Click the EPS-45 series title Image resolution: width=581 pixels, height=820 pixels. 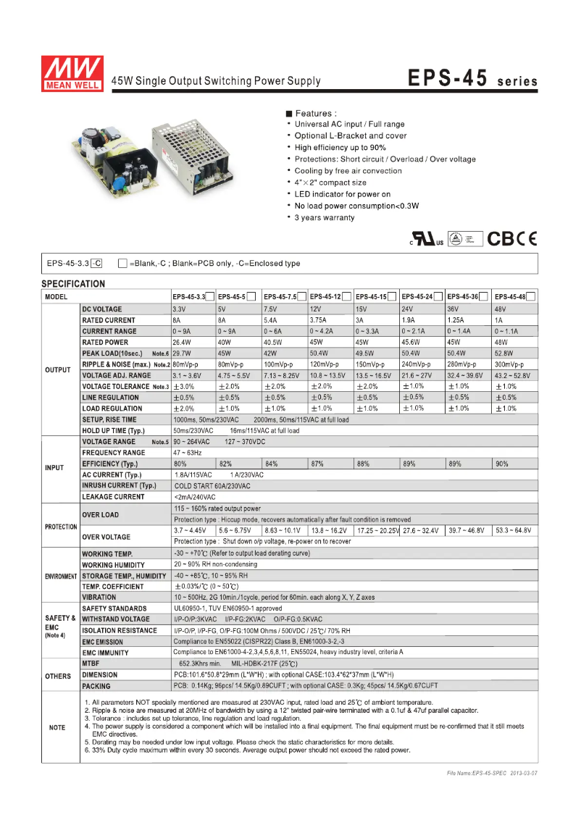click(x=472, y=78)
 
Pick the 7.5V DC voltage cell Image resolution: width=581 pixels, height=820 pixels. click(x=270, y=309)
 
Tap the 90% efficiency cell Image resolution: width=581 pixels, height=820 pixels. click(x=502, y=464)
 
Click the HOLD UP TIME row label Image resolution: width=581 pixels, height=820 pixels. click(x=113, y=430)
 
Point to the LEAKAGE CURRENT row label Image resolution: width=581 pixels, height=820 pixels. click(x=113, y=497)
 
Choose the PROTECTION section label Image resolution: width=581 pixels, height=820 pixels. click(x=61, y=527)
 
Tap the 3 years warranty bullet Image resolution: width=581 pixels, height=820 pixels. click(x=325, y=218)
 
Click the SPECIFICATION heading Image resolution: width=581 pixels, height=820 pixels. click(x=73, y=284)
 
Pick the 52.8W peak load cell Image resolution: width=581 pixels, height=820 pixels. click(x=503, y=353)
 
